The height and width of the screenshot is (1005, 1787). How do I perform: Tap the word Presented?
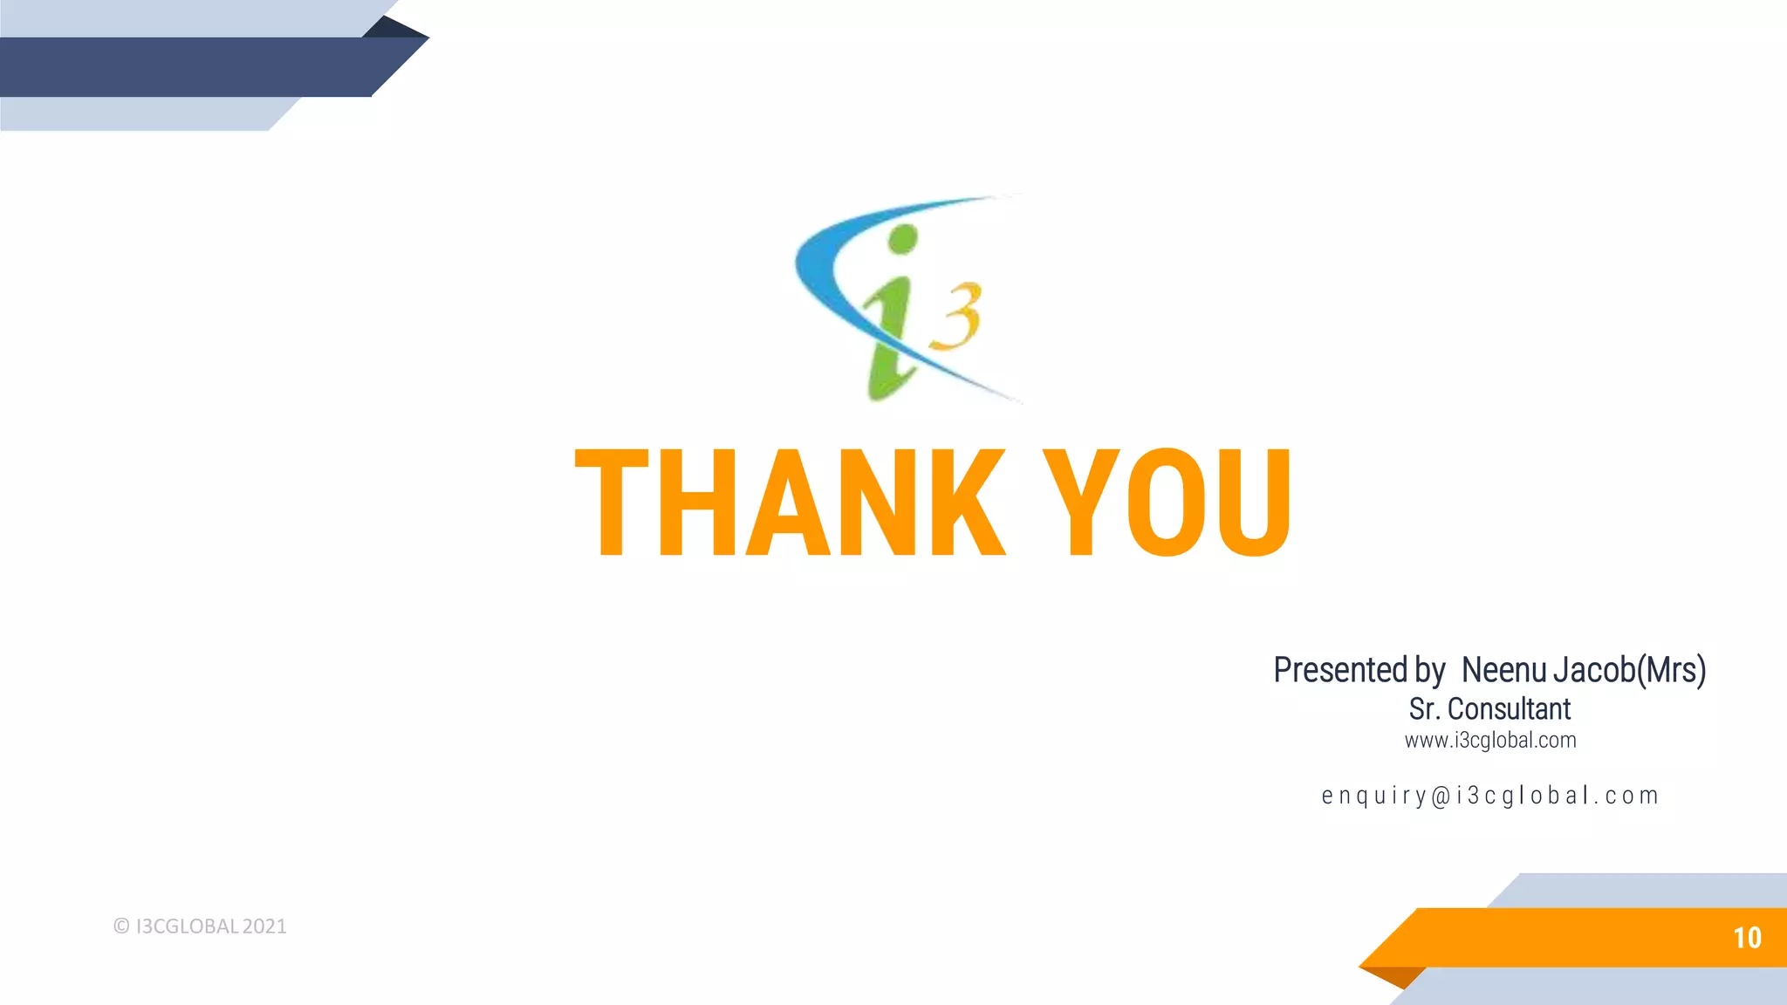point(1340,670)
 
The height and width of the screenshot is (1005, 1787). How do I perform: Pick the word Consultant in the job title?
point(1509,709)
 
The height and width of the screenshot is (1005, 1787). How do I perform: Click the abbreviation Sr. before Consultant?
point(1423,709)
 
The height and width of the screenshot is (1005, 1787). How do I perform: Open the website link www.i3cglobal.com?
point(1490,741)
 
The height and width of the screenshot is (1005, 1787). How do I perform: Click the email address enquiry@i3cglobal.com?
point(1490,796)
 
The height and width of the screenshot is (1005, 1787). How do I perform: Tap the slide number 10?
point(1747,938)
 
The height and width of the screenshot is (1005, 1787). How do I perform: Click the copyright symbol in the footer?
point(121,926)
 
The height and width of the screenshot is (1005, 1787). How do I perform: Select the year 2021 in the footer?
point(264,926)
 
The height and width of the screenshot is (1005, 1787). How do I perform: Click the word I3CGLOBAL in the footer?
point(187,926)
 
